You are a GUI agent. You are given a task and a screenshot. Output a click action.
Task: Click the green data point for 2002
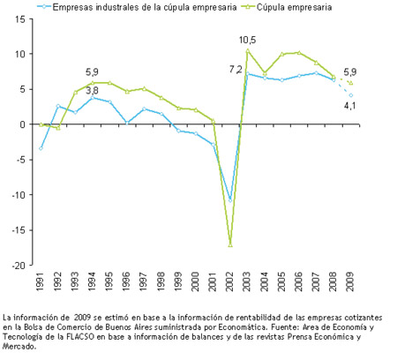point(230,245)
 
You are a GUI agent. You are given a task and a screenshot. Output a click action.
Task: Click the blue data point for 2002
point(230,200)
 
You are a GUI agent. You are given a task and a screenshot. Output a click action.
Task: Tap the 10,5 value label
point(248,40)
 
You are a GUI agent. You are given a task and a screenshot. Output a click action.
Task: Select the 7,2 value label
point(236,70)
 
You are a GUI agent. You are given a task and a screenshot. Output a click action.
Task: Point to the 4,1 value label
point(350,105)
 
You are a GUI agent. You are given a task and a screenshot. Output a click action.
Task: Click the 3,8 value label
point(92,91)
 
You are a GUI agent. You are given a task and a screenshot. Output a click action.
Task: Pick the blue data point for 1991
point(41,148)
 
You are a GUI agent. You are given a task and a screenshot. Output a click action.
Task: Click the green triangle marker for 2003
point(248,50)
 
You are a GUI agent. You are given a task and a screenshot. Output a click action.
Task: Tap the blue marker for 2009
point(351,95)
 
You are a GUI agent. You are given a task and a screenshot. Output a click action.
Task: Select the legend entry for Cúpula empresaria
point(287,7)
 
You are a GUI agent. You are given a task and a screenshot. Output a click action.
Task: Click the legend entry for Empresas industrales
point(137,7)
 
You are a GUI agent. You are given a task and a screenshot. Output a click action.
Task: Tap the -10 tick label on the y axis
point(19,194)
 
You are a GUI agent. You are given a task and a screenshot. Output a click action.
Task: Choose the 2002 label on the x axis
point(229,281)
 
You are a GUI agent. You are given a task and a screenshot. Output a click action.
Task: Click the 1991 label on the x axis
point(41,281)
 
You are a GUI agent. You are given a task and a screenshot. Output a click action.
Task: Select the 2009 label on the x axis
point(350,281)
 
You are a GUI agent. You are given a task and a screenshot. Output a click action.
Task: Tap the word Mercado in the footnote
point(19,347)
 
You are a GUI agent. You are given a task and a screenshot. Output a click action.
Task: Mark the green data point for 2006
point(299,53)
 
